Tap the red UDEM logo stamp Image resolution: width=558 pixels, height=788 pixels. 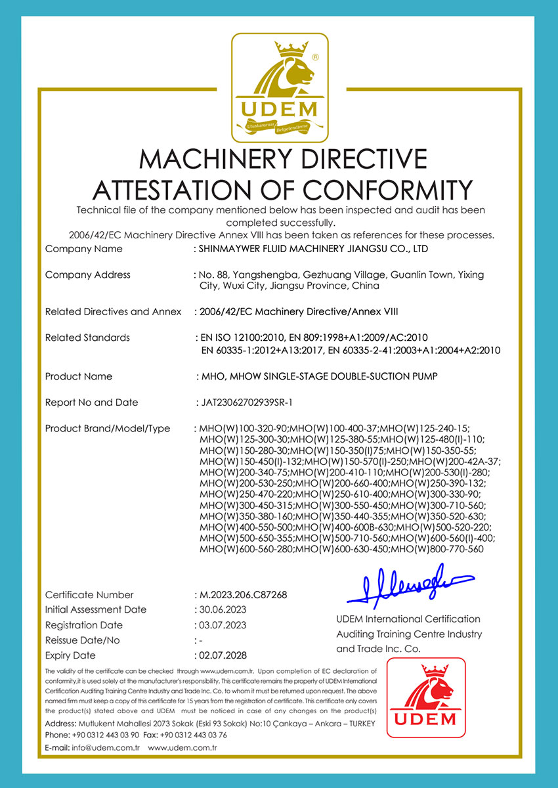[425, 697]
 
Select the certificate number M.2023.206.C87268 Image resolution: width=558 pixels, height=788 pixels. [242, 595]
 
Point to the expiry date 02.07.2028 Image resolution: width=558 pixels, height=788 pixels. [221, 655]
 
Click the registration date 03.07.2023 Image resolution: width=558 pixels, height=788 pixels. [221, 625]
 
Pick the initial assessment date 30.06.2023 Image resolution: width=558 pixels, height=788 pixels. [221, 610]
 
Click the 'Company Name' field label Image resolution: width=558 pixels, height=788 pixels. [83, 249]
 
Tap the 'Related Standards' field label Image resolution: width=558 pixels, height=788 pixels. [87, 338]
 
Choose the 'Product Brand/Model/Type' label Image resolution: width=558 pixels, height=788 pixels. [107, 429]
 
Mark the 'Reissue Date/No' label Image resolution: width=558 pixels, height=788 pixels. [82, 640]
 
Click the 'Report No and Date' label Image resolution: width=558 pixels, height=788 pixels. [91, 403]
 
